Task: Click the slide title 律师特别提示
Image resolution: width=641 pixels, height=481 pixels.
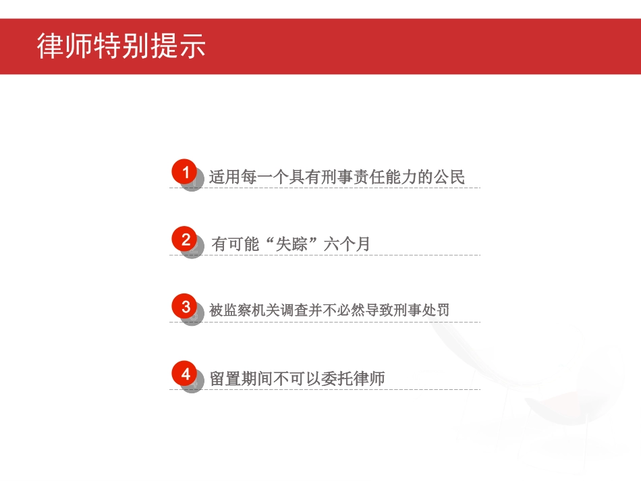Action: click(x=121, y=46)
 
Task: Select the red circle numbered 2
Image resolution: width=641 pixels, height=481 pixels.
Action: click(x=186, y=239)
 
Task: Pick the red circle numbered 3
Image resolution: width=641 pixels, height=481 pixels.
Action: click(x=186, y=306)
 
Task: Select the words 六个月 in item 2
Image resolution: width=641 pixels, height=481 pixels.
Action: click(x=347, y=244)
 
